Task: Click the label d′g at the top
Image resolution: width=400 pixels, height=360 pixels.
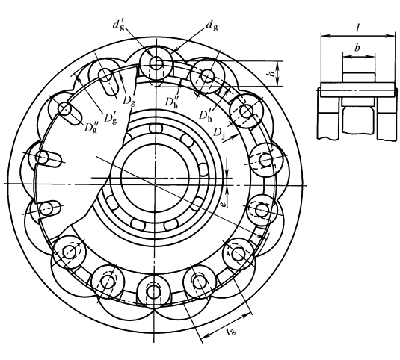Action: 119,25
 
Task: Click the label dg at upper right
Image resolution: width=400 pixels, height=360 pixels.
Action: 212,25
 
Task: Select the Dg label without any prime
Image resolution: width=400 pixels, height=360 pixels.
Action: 129,100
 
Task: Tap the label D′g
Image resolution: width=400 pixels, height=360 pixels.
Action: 111,118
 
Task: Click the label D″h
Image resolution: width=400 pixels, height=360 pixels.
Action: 171,102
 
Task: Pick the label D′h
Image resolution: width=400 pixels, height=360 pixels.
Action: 206,115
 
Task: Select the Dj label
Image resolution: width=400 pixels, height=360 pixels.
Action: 219,133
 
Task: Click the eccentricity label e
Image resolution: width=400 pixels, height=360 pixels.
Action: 223,205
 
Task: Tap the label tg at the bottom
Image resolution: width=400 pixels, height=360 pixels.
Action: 231,331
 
